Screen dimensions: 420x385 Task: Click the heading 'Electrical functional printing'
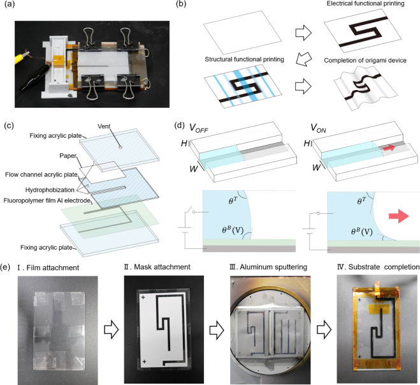[365, 4]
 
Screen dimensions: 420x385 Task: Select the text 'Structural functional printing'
[244, 59]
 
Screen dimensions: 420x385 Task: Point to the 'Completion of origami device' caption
[365, 61]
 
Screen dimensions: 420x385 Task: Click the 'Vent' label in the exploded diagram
[104, 126]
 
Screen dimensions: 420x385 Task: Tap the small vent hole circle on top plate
[120, 147]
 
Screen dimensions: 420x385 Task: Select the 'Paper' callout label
[68, 156]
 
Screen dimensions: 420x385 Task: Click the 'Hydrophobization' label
[50, 190]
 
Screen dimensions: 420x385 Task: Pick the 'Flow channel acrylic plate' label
[41, 175]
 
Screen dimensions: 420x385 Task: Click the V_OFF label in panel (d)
[198, 128]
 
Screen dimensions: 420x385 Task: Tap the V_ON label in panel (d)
[318, 128]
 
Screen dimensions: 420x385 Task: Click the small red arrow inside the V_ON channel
[389, 147]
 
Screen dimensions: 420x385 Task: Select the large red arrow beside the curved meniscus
[399, 216]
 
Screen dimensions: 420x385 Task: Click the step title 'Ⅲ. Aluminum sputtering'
[268, 267]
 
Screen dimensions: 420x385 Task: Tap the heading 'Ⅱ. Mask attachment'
[157, 267]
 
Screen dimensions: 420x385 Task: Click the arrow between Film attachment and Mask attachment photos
[111, 330]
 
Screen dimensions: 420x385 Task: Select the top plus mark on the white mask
[143, 298]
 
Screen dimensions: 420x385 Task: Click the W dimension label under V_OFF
[194, 169]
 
